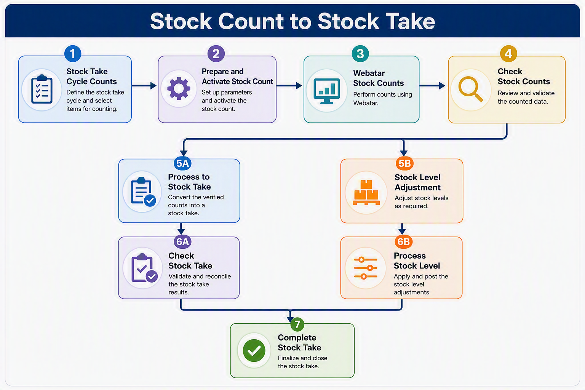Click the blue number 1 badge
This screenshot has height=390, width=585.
73,54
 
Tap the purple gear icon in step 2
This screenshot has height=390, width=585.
179,89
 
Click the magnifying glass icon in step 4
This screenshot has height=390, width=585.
470,89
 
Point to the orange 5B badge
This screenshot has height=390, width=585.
404,163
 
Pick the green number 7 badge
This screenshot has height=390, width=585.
297,324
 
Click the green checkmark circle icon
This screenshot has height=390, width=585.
254,350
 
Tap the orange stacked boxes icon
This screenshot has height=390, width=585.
366,192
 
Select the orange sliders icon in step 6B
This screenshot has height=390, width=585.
366,268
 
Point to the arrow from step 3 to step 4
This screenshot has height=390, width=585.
432,85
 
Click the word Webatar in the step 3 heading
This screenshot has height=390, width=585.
369,73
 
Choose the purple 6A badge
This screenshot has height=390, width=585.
182,241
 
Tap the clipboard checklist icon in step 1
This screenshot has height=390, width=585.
42,89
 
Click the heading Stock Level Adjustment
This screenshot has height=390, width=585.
417,182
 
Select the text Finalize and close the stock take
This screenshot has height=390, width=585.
302,362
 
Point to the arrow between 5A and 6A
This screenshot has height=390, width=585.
181,229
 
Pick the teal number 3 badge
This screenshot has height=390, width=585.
360,54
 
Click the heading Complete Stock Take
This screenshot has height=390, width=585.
299,342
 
